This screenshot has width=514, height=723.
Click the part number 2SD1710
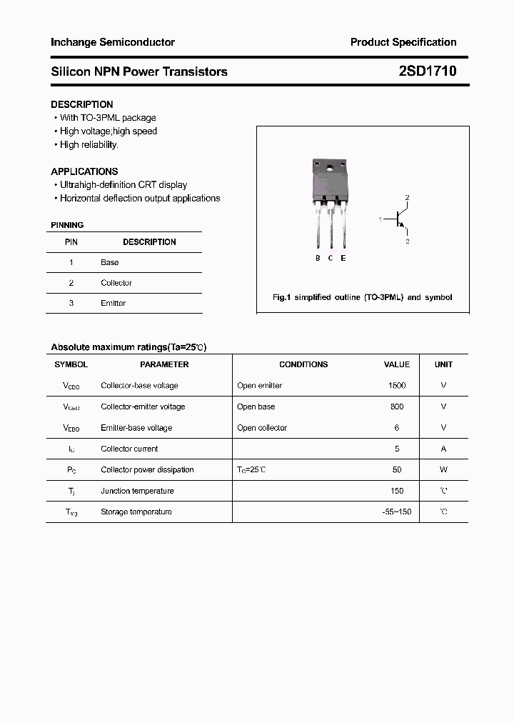coord(428,71)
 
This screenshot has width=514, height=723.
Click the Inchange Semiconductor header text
coord(113,42)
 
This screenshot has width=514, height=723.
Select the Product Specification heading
coord(403,42)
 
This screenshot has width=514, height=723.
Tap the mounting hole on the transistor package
coord(331,169)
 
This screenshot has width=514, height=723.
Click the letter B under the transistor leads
coord(318,258)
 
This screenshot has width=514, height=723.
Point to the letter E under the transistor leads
coord(343,258)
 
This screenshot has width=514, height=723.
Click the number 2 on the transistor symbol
coord(407,197)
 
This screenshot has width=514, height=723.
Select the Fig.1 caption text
coord(363,297)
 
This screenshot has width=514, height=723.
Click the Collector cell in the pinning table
coord(116,283)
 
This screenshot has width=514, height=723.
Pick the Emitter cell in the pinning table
coord(113,303)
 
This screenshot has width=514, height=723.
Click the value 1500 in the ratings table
coord(397,385)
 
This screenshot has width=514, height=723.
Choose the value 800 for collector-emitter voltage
coord(397,407)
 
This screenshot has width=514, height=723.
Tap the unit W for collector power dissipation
coord(443,469)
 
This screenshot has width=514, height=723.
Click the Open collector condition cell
coord(262,428)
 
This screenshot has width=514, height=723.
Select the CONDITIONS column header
coord(303,364)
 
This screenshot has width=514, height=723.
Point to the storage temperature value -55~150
coord(397,512)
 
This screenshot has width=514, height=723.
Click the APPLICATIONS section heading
coord(84,171)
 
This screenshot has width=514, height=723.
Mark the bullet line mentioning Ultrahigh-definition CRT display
coord(124,184)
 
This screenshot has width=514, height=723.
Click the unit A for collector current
coord(443,449)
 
